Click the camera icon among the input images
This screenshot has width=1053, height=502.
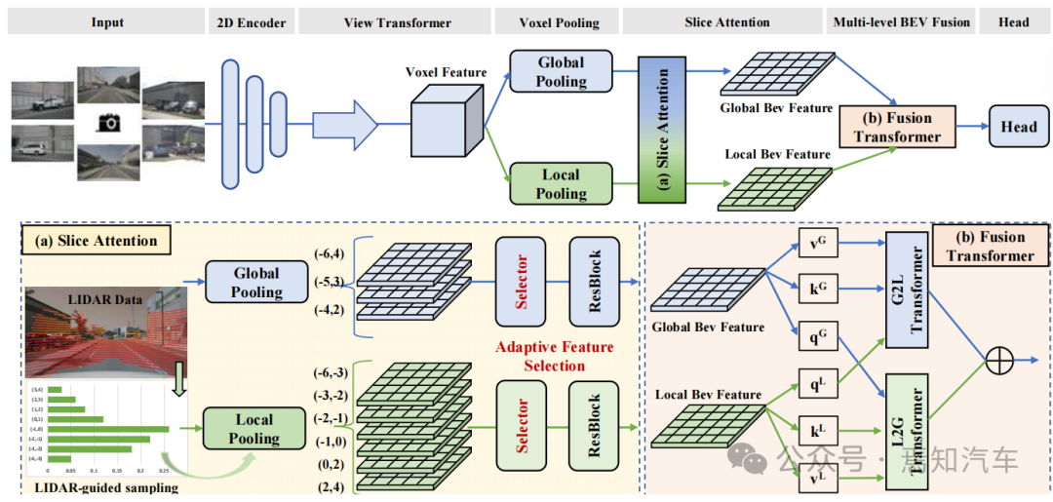[109, 122]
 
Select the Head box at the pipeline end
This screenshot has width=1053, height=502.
[1018, 127]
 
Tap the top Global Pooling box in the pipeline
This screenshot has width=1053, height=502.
[561, 72]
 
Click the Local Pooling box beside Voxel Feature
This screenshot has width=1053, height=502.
[561, 184]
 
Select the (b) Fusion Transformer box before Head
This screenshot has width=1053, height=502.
[896, 127]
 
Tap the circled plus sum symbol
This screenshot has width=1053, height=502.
[999, 360]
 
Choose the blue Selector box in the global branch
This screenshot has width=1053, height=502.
[522, 282]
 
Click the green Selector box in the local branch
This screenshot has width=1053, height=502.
[522, 425]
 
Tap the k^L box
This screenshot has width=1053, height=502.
[818, 430]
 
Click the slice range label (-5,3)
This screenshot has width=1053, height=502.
[328, 283]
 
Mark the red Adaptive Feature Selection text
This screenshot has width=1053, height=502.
[555, 356]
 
